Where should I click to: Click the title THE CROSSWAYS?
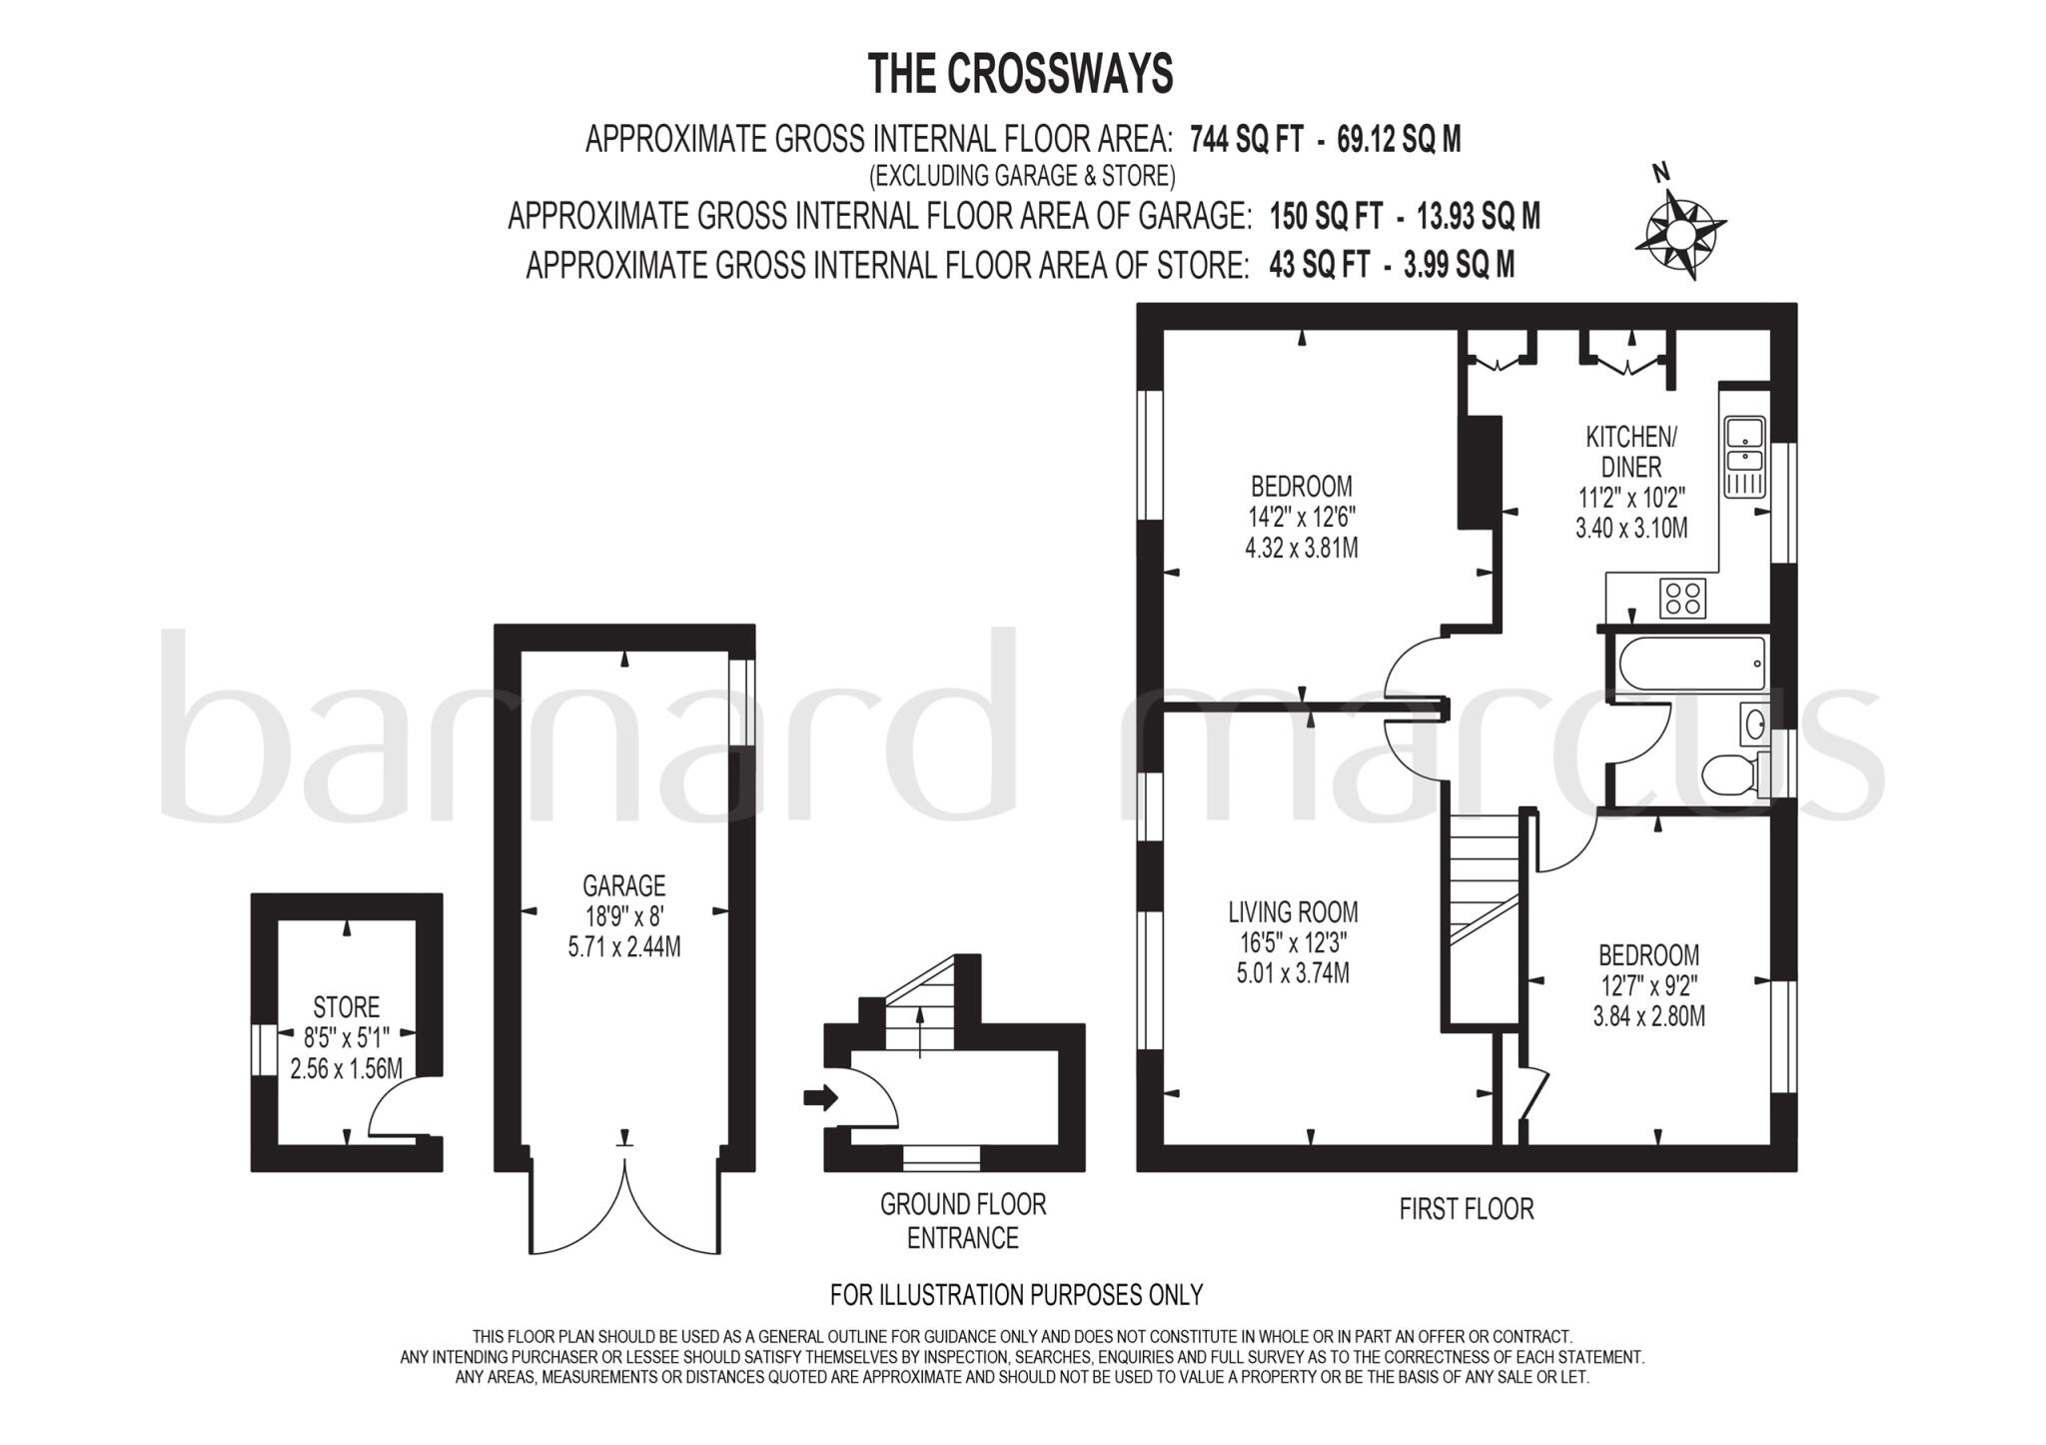point(1020,74)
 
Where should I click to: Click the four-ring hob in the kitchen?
point(1682,599)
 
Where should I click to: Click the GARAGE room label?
point(624,885)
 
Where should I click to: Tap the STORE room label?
point(346,1006)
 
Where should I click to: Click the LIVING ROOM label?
point(1293,911)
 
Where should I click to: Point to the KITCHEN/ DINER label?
point(1631,452)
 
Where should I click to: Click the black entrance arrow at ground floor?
point(819,1099)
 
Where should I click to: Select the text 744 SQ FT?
point(1247,140)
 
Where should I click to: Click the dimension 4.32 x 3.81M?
point(1301,548)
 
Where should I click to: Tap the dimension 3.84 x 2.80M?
point(1648,1017)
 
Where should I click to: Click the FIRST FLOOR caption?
point(1466,1209)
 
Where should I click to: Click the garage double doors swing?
point(624,1214)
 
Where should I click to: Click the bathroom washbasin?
point(1754,724)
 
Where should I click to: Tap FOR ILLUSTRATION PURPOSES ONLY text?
point(1016,1295)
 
